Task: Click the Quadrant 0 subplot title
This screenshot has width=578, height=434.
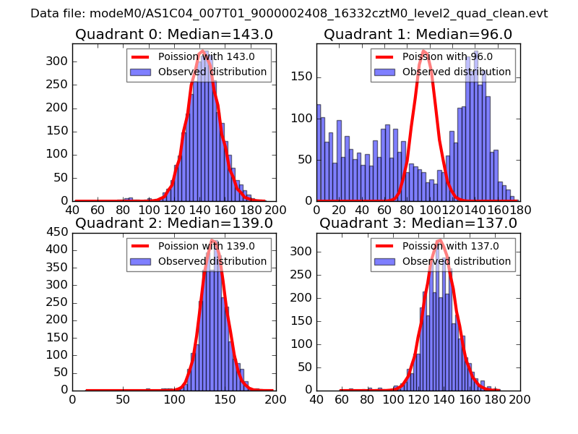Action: click(x=173, y=34)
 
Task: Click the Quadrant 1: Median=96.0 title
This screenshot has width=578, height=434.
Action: click(x=418, y=34)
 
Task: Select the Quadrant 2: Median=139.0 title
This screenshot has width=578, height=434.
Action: click(x=173, y=223)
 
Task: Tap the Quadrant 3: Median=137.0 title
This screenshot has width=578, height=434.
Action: click(x=418, y=223)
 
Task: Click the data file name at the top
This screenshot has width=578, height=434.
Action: click(x=289, y=13)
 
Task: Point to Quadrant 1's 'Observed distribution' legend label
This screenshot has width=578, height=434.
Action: click(x=457, y=72)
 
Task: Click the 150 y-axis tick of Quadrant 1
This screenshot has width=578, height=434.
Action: click(x=303, y=76)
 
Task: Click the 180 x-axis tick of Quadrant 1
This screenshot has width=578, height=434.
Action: click(x=519, y=210)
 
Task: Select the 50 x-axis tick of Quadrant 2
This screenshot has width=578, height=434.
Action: click(x=123, y=399)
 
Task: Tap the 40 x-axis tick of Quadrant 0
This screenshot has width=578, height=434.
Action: click(x=72, y=210)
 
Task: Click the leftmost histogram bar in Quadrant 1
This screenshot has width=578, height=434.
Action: click(x=319, y=152)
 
